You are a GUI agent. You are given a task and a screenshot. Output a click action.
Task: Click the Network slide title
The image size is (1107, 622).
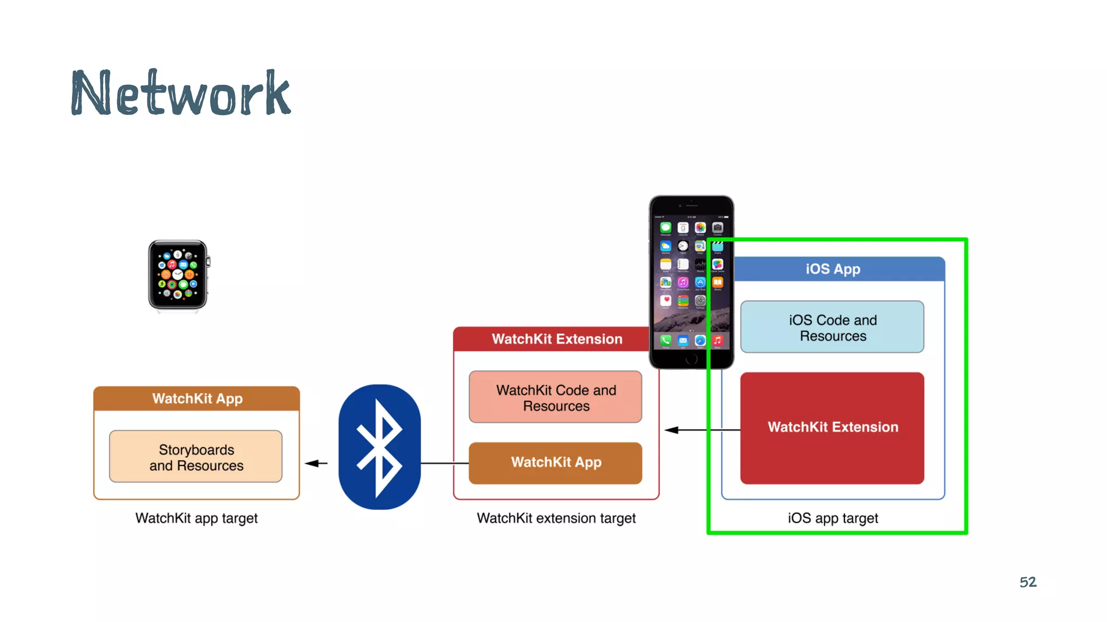181,93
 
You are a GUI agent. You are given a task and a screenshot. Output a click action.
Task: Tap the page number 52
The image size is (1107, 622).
1028,582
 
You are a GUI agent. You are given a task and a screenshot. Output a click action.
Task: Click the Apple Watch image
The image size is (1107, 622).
178,275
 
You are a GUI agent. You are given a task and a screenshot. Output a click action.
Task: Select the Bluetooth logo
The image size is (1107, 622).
379,447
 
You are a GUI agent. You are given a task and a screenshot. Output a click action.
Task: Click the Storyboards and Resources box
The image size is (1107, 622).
196,457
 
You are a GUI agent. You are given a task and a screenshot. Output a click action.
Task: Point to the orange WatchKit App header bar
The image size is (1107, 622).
197,398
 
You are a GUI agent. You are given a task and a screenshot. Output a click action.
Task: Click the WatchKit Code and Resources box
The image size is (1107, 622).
556,397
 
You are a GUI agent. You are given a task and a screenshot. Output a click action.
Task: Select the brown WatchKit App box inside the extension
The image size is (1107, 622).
556,463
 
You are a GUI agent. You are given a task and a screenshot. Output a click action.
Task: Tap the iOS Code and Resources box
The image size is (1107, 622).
832,327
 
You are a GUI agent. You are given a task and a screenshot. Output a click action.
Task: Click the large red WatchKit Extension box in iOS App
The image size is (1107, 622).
832,428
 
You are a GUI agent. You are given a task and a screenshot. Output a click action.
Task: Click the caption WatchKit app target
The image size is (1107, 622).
196,518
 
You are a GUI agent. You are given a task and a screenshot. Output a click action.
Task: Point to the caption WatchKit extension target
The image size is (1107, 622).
556,518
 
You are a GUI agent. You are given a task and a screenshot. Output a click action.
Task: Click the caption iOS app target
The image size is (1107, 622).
832,518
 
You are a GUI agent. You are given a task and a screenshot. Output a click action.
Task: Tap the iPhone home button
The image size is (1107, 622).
691,359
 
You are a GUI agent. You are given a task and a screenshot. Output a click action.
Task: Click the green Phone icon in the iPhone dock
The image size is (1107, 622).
666,340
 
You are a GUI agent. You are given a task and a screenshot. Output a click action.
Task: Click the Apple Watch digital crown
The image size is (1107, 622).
208,262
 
